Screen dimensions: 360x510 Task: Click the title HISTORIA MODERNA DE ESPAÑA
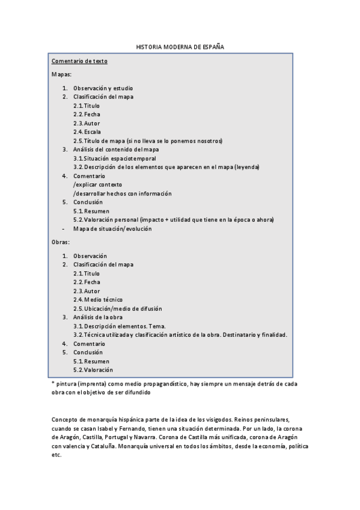(x=180, y=46)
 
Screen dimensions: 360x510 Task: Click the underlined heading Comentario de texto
(x=79, y=61)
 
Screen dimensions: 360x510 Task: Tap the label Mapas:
(x=62, y=75)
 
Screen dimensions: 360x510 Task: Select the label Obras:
(x=61, y=242)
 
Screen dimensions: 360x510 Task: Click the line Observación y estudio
(x=103, y=88)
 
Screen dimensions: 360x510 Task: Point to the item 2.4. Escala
(x=87, y=132)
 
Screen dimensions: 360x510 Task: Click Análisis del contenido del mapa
(x=116, y=149)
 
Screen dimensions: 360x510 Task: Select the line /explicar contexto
(x=97, y=185)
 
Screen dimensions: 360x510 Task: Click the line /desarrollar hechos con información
(x=123, y=194)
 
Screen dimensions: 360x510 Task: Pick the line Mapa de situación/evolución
(x=112, y=229)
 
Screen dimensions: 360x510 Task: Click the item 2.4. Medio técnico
(x=98, y=299)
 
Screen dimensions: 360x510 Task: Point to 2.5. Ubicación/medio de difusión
(x=118, y=308)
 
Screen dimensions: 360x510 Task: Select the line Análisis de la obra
(x=99, y=317)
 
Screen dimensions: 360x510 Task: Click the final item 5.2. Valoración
(x=93, y=370)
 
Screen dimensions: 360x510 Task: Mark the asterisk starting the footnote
(x=53, y=383)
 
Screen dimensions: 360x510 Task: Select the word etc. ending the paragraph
(x=57, y=455)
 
